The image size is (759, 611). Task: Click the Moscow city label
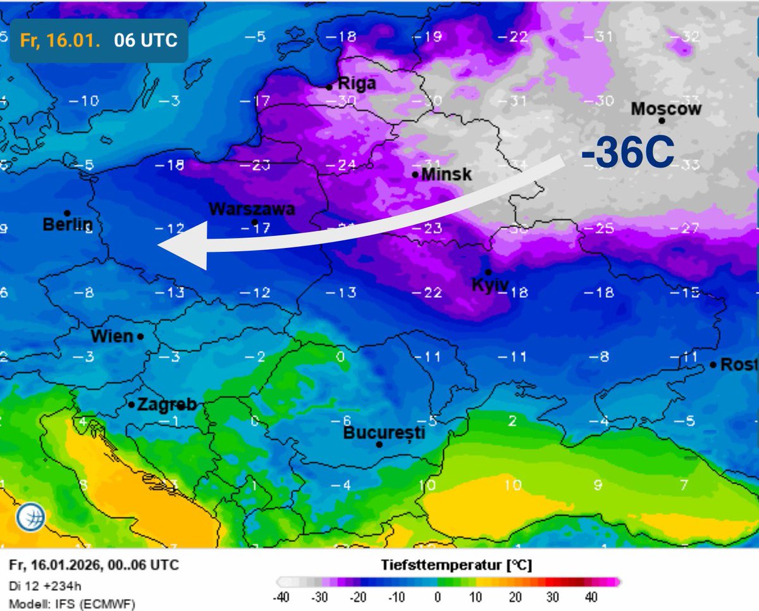(x=666, y=109)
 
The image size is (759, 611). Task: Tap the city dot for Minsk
(x=415, y=175)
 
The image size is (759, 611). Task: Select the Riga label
(x=357, y=83)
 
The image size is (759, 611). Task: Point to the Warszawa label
(x=252, y=209)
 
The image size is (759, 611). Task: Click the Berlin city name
(x=68, y=224)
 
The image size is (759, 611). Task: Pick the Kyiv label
(x=490, y=285)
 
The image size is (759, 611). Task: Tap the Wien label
(x=112, y=336)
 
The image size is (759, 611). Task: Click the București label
(x=384, y=433)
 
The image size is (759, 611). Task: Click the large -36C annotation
(x=627, y=154)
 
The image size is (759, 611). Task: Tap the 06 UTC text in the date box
(x=145, y=40)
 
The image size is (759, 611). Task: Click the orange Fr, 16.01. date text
(x=61, y=40)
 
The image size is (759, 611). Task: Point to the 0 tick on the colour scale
(x=438, y=598)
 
